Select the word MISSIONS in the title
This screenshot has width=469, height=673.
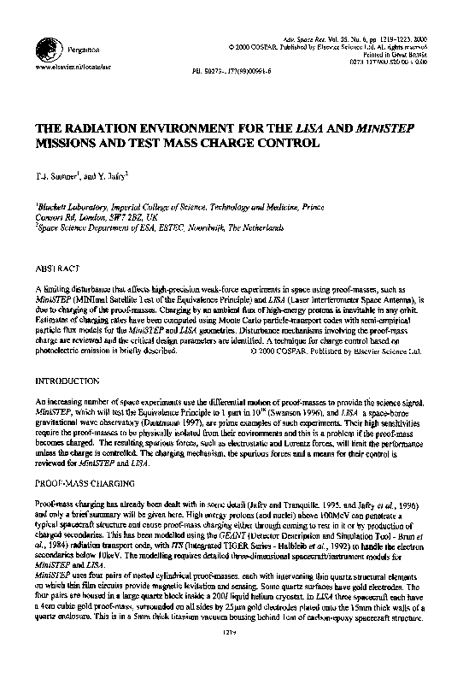[68, 145]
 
